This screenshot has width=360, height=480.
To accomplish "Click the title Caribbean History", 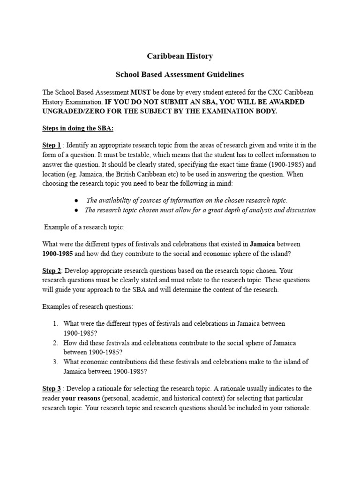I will point(180,56).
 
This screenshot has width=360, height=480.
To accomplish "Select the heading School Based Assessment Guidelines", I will point(180,75).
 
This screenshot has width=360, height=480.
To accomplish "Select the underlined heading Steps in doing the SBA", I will point(78,128).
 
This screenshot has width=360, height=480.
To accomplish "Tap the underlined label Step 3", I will point(52,389).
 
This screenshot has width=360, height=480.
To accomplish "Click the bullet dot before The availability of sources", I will point(76,200).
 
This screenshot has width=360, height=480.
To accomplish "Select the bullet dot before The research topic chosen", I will point(76,210).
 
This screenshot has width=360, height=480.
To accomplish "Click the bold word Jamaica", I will point(262,244).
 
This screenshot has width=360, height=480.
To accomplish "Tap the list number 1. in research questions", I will point(55,324).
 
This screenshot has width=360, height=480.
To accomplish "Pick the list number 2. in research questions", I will point(55,343).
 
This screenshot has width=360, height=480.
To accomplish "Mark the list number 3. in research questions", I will point(55,362).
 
